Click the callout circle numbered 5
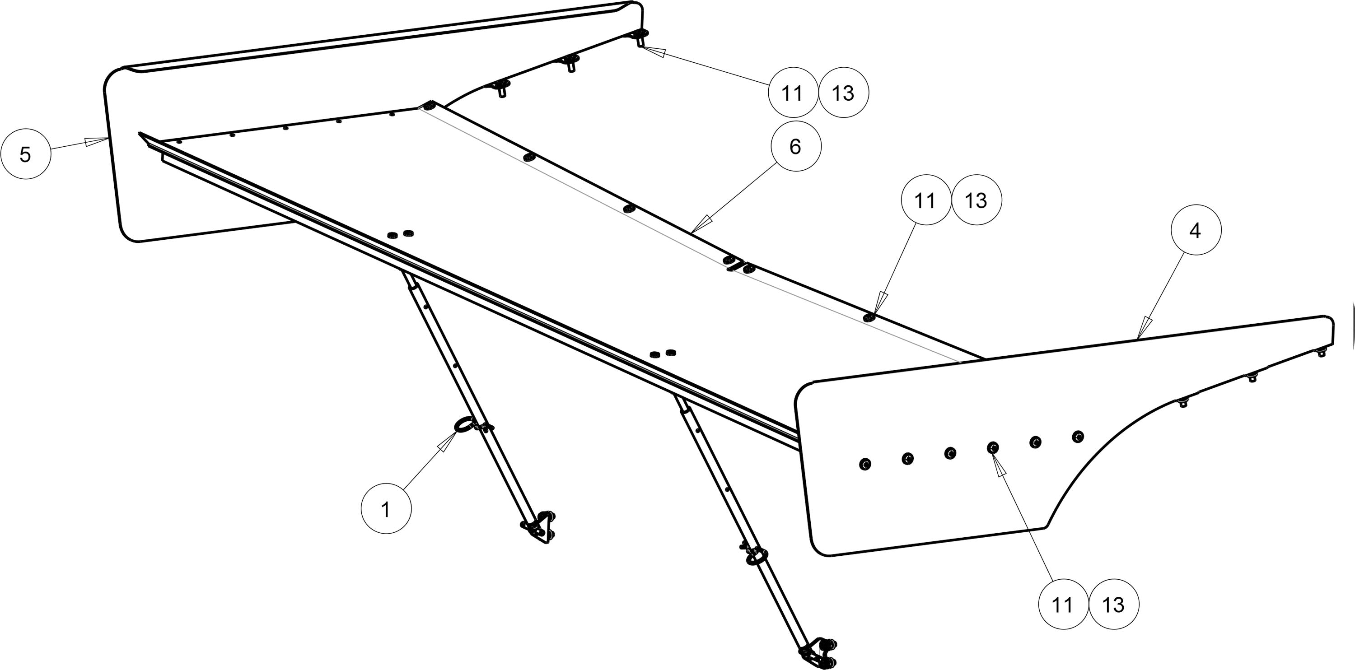pyautogui.click(x=25, y=154)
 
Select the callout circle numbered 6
pyautogui.click(x=795, y=146)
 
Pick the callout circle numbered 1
pyautogui.click(x=386, y=509)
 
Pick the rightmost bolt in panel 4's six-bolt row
pyautogui.click(x=1077, y=436)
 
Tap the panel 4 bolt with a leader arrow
pyautogui.click(x=993, y=447)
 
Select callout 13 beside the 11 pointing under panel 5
pyautogui.click(x=843, y=93)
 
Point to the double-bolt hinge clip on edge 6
pyautogui.click(x=738, y=265)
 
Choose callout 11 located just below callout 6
pyautogui.click(x=925, y=200)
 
